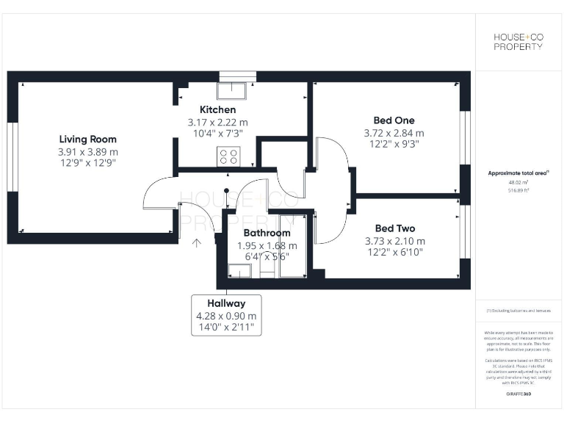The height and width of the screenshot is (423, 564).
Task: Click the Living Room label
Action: click(x=87, y=139)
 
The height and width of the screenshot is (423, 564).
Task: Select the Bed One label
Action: click(x=394, y=120)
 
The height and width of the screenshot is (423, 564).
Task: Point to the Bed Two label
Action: click(x=394, y=228)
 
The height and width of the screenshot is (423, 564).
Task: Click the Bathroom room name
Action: click(x=267, y=233)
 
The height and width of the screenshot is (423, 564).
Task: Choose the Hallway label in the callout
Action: click(x=225, y=303)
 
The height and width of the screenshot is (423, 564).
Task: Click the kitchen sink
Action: click(x=234, y=89)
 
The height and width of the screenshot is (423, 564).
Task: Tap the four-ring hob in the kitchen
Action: click(x=229, y=156)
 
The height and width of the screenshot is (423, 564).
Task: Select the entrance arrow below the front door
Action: click(x=197, y=243)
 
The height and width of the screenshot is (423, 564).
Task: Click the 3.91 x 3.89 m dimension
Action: click(x=87, y=151)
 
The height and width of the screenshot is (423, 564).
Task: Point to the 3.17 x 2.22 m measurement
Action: click(x=217, y=122)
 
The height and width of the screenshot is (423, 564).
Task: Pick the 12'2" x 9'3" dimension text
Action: click(x=394, y=145)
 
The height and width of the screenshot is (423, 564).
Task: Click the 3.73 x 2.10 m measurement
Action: click(x=394, y=241)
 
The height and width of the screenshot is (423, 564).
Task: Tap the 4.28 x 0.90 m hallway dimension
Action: click(x=225, y=316)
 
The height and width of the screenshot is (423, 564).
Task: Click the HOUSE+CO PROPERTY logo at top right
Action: click(x=518, y=41)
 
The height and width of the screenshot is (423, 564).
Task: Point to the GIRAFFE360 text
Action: click(x=518, y=394)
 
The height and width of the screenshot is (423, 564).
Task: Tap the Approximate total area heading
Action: click(x=518, y=173)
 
